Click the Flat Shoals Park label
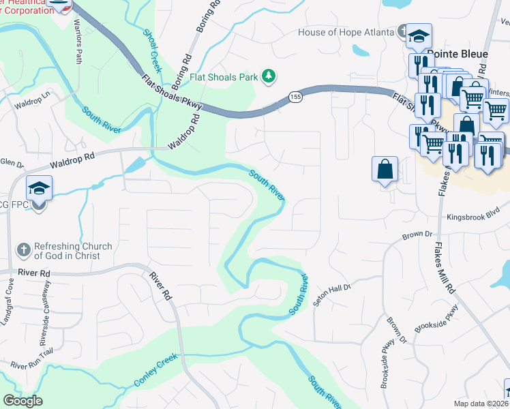(x=224, y=77)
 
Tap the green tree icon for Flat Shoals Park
(x=269, y=76)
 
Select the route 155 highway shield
(x=295, y=97)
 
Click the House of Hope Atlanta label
(x=346, y=33)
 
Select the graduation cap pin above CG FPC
(x=38, y=189)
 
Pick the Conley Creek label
(x=155, y=371)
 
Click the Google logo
(x=22, y=401)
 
